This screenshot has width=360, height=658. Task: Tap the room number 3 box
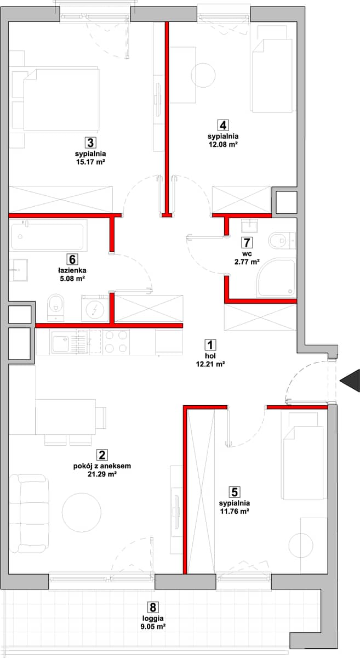click(x=90, y=143)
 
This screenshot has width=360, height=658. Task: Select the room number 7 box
click(x=247, y=242)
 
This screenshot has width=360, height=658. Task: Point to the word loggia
click(x=152, y=619)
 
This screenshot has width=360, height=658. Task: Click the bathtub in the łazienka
click(x=48, y=236)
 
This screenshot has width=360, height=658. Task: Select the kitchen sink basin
click(x=60, y=341)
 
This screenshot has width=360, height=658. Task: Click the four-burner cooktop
click(x=116, y=342)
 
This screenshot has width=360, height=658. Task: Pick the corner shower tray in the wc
click(x=276, y=277)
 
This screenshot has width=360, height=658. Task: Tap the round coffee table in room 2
click(x=82, y=512)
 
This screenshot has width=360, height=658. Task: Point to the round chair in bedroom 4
click(x=203, y=75)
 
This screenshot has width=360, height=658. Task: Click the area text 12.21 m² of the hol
click(x=210, y=364)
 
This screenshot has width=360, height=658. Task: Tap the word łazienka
click(x=72, y=270)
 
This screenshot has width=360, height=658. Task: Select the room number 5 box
click(x=235, y=492)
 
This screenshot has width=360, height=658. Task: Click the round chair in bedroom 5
click(x=301, y=545)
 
